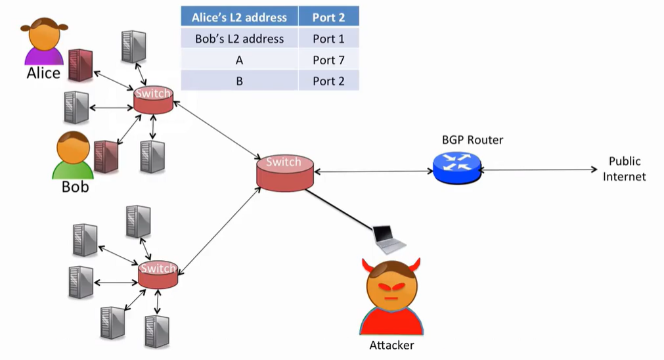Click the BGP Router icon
point(457,167)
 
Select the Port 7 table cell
point(328,60)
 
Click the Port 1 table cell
point(328,39)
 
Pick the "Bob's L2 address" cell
point(240,39)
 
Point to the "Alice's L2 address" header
point(240,17)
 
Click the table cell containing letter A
point(240,60)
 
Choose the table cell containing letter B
point(240,81)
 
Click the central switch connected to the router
point(284,172)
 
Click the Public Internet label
point(625,169)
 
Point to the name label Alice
point(43,74)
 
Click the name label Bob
point(75,187)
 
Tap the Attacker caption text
point(391,345)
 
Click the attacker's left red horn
point(367,266)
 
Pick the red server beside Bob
point(105,156)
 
